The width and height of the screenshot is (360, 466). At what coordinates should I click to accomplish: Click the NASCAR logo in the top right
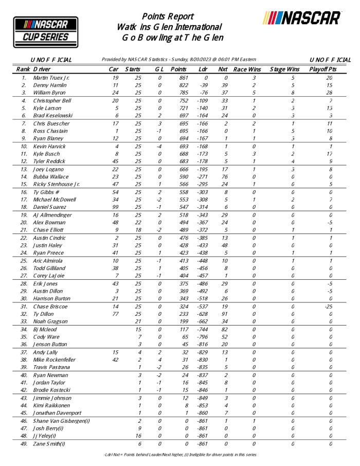coord(302,18)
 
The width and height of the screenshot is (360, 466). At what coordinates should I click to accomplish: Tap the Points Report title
coord(168,16)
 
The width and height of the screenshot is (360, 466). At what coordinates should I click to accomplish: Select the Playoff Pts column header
coord(323,69)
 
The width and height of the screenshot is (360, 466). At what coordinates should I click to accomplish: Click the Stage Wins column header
coord(284,69)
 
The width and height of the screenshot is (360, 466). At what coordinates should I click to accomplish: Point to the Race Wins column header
coord(247,69)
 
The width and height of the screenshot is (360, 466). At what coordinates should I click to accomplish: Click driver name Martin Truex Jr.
coord(51,78)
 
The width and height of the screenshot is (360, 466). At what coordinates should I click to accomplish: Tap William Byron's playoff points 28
coord(329,93)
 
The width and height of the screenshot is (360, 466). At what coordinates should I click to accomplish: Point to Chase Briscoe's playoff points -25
coord(329,307)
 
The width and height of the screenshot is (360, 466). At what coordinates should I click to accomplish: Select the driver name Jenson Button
coord(50,345)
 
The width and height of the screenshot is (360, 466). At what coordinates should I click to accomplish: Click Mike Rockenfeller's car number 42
coord(116,360)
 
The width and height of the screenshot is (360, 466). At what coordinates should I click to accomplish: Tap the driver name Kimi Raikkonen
coord(52,405)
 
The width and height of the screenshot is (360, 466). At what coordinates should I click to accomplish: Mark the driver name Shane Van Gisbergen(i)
coord(61,421)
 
